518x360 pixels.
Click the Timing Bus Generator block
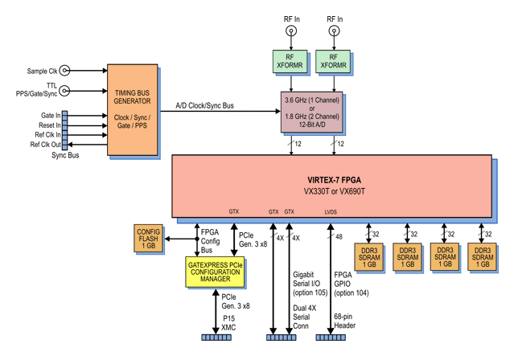pyautogui.click(x=133, y=108)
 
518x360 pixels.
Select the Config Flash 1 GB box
pyautogui.click(x=149, y=238)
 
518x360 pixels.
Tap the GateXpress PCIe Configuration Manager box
pyautogui.click(x=214, y=268)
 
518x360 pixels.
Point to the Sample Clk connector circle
pyautogui.click(x=64, y=71)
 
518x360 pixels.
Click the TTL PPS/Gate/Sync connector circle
pyautogui.click(x=64, y=91)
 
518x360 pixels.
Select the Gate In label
pyautogui.click(x=51, y=116)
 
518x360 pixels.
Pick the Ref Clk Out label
pyautogui.click(x=46, y=144)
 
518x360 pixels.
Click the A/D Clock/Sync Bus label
pyautogui.click(x=205, y=106)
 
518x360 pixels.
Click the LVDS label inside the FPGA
pyautogui.click(x=331, y=212)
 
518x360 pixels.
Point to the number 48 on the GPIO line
pyautogui.click(x=339, y=237)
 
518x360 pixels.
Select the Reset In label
pyautogui.click(x=50, y=125)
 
